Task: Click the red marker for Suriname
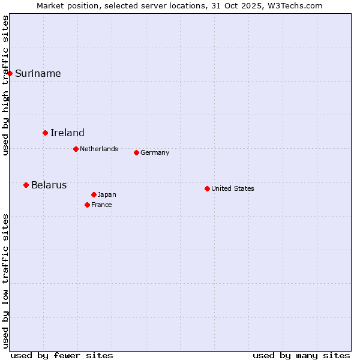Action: [10, 73]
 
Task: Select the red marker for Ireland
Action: [45, 133]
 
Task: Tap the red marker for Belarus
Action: [26, 185]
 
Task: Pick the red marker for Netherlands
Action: [76, 149]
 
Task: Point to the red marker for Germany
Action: [136, 152]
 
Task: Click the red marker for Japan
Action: [94, 194]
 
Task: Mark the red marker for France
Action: [87, 205]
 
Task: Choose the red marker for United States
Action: [207, 188]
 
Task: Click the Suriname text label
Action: [38, 74]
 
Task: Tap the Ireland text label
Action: [67, 133]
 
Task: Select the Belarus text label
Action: [49, 185]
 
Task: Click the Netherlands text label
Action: [99, 149]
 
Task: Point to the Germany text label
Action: [155, 152]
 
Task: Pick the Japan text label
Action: [107, 194]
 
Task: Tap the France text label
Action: [101, 205]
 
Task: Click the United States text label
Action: [233, 188]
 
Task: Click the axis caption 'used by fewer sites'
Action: [62, 355]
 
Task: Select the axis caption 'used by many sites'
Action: [301, 355]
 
